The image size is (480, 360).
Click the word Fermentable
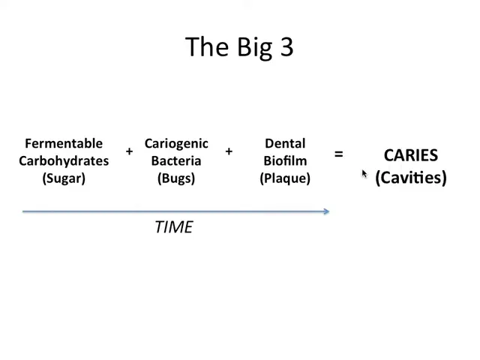coord(64,143)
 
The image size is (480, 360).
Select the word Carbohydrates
coord(64,160)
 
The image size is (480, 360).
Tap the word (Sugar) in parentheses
coord(64,178)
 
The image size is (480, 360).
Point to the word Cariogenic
coord(176,144)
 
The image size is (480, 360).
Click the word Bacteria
coord(176,160)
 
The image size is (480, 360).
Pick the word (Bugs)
coord(176,178)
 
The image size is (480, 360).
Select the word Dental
coord(285,143)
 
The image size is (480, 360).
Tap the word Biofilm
coord(285,160)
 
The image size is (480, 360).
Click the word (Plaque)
coord(285,178)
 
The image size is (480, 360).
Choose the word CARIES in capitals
coord(411,155)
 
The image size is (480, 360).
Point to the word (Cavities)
coord(411,178)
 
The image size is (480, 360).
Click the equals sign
coord(338,154)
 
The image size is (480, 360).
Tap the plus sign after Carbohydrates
coord(130,151)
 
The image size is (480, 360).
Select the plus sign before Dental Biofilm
coord(229,151)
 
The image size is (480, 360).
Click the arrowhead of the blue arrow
coord(328,211)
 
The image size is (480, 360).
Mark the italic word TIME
coord(174,227)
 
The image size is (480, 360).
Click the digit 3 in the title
coord(286,46)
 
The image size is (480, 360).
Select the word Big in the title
coord(255,48)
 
